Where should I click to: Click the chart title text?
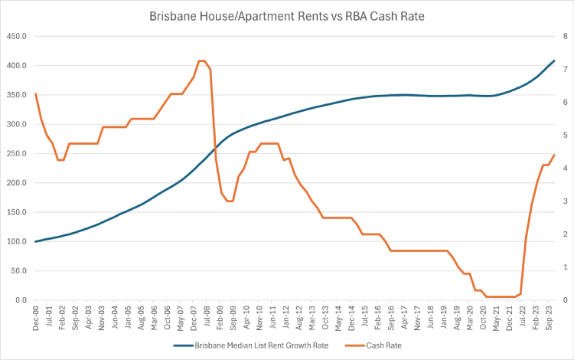pyautogui.click(x=287, y=16)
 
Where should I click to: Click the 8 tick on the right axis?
pyautogui.click(x=564, y=36)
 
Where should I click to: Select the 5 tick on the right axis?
pyautogui.click(x=564, y=136)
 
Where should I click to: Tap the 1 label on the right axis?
pyautogui.click(x=564, y=267)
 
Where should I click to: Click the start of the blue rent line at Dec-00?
pyautogui.click(x=35, y=241)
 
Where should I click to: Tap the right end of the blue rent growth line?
pyautogui.click(x=554, y=61)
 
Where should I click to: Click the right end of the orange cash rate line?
pyautogui.click(x=554, y=155)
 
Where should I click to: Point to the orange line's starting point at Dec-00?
pyautogui.click(x=35, y=93)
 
